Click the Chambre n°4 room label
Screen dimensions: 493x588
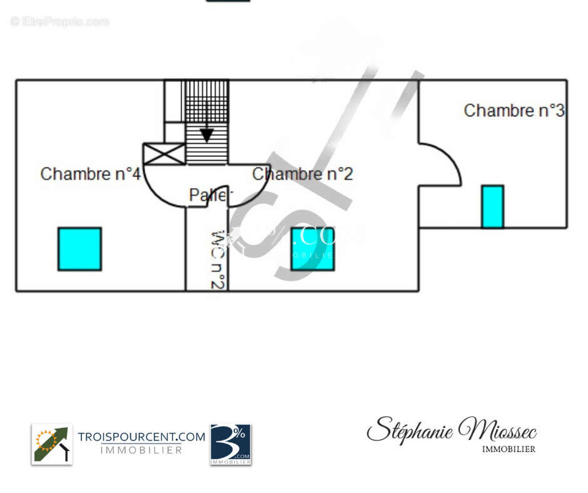(90, 173)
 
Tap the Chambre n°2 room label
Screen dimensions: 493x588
(303, 173)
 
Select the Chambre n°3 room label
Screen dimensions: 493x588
(514, 111)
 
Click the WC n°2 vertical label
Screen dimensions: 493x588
(217, 260)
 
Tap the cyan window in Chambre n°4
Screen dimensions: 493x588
(79, 249)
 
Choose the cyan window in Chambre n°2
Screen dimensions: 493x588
(312, 249)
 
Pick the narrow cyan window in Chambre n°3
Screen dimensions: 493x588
(492, 206)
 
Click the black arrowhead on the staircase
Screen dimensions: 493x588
(206, 135)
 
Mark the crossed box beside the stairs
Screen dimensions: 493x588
(164, 154)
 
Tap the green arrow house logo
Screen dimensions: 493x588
(52, 444)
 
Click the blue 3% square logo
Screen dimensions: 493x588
(230, 444)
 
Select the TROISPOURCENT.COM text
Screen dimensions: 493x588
(141, 437)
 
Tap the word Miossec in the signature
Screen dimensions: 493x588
(497, 430)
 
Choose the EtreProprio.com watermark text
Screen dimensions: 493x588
(60, 22)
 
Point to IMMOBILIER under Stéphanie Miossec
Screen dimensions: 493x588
(509, 449)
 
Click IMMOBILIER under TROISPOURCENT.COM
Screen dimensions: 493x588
(141, 450)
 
